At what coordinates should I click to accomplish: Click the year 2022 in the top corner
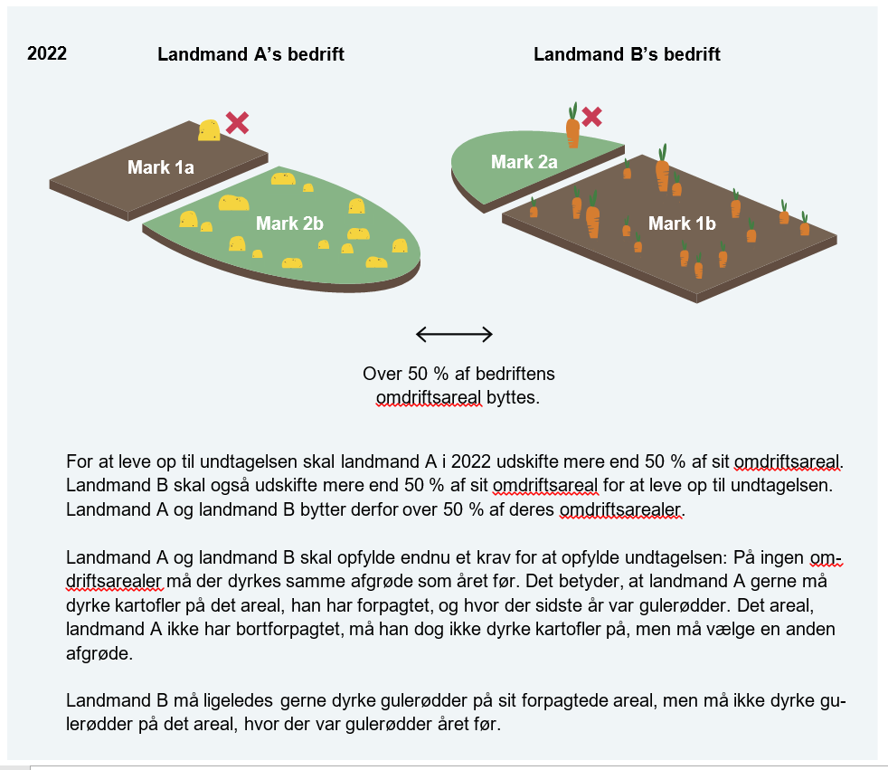[47, 53]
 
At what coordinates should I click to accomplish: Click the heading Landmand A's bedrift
[250, 54]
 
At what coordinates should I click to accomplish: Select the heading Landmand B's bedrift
[627, 54]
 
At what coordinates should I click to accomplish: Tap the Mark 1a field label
[161, 167]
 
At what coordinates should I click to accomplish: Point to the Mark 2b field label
[289, 223]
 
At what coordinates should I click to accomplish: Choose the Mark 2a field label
[524, 162]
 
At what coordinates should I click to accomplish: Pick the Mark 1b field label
[682, 223]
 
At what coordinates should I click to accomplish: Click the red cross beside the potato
[237, 123]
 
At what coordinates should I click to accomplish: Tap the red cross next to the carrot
[592, 116]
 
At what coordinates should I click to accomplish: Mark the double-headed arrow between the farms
[454, 335]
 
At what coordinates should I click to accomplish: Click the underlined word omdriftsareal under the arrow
[429, 397]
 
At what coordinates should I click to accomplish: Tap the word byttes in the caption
[513, 397]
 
